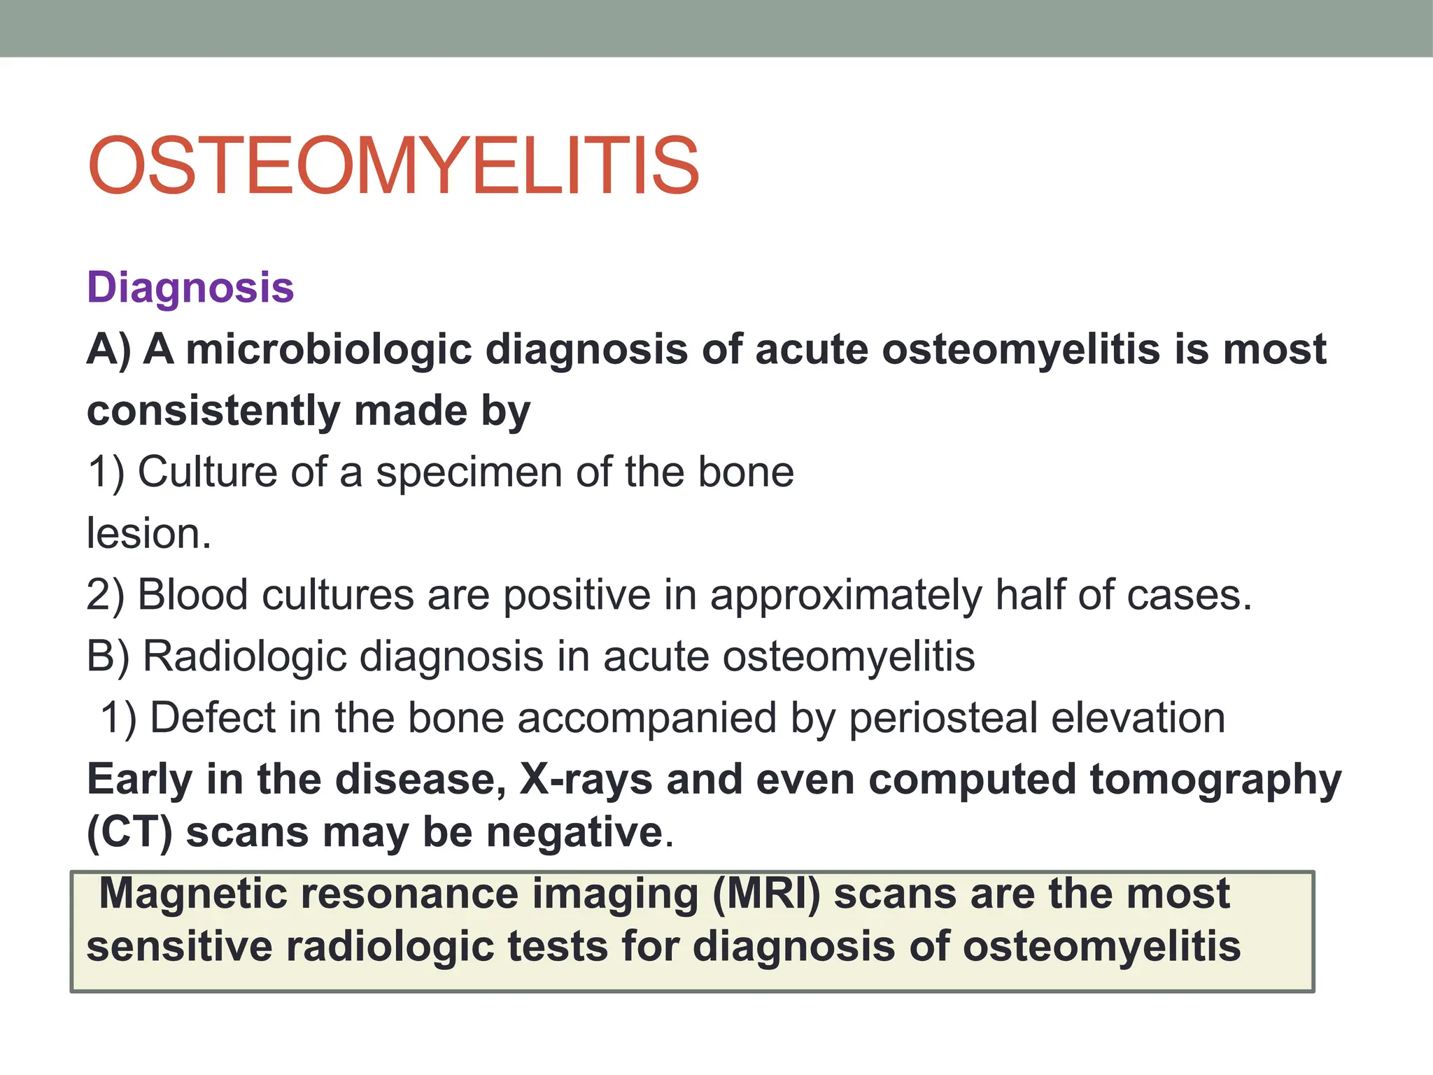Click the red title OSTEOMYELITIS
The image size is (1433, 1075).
click(x=393, y=167)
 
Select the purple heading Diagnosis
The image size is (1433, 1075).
click(x=190, y=288)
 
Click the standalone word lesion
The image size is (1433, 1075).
click(x=148, y=533)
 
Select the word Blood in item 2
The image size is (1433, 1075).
click(x=192, y=595)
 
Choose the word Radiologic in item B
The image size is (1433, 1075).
click(x=245, y=656)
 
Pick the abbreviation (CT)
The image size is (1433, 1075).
click(x=129, y=832)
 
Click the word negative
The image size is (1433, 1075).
click(x=574, y=832)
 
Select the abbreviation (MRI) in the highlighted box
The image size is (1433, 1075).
click(x=765, y=894)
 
